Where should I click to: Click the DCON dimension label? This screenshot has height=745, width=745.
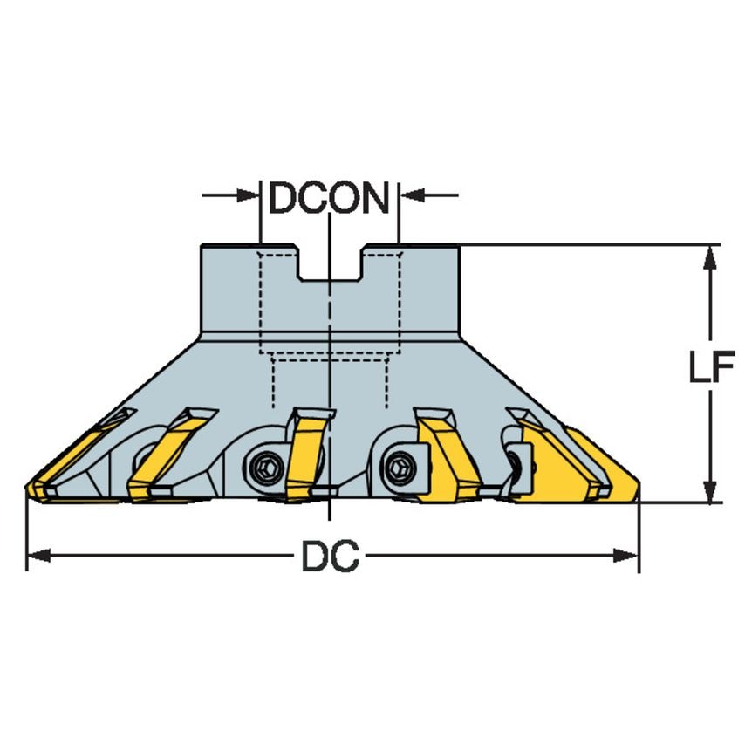click(329, 199)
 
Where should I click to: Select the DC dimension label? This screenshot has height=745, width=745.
click(330, 557)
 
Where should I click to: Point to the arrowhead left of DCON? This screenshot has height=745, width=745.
click(249, 195)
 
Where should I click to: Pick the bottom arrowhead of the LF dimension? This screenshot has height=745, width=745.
click(713, 490)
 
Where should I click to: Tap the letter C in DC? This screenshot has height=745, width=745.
click(345, 557)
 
